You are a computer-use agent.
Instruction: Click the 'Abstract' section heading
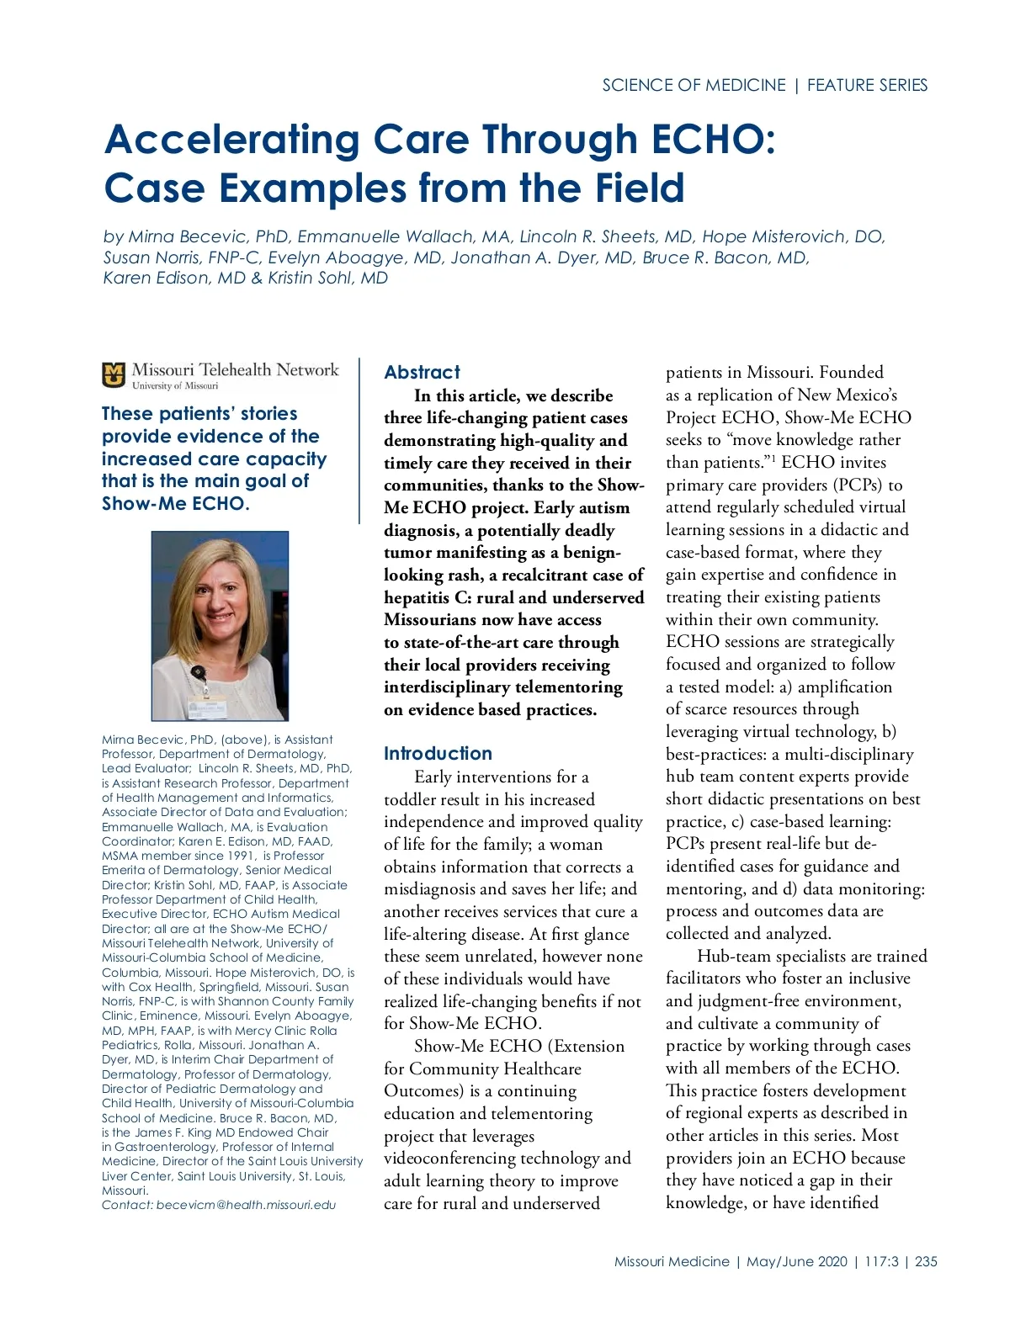422,372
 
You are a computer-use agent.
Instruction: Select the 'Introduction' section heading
438,753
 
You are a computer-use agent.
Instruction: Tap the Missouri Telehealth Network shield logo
114,375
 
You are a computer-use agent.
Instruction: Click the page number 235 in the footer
926,1261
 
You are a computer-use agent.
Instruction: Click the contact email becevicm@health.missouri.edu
246,1205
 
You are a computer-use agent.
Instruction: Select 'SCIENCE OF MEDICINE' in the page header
694,85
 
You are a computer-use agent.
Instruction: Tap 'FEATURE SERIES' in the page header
867,85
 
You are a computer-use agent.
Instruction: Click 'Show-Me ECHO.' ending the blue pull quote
175,504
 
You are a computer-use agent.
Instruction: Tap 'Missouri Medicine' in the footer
672,1261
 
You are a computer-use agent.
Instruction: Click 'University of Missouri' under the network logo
174,386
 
